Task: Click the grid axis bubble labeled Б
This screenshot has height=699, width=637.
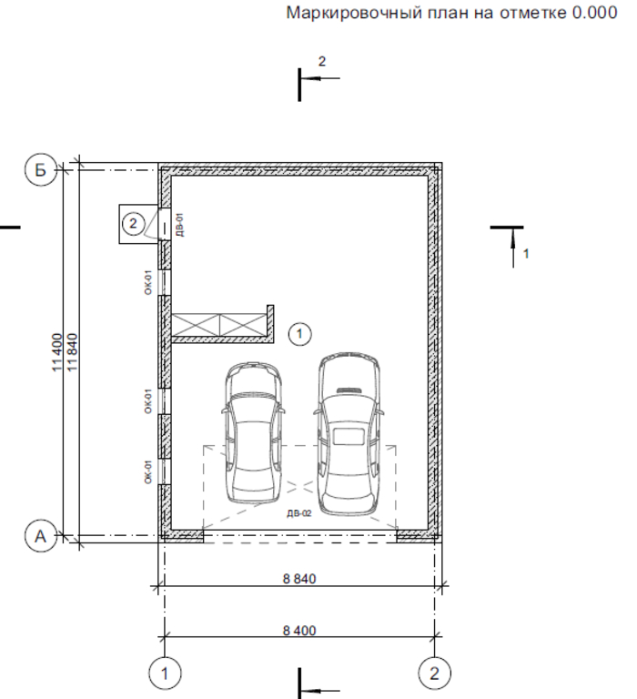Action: point(41,170)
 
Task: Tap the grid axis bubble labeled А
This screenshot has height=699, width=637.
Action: point(41,536)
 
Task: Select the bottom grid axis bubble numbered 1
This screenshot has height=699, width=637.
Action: point(165,674)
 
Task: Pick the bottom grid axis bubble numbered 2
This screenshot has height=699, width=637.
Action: point(434,674)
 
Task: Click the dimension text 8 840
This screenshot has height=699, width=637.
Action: point(299,579)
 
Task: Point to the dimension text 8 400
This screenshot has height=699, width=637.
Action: point(299,631)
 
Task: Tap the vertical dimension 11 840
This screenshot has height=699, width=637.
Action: point(72,352)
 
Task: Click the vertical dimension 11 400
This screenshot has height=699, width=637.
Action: point(57,352)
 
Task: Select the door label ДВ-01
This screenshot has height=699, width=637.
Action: point(179,224)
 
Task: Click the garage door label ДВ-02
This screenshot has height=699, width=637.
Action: point(299,513)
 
